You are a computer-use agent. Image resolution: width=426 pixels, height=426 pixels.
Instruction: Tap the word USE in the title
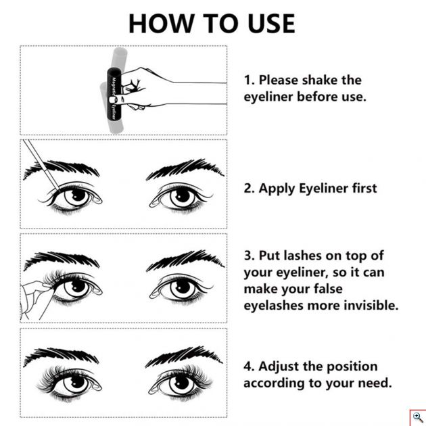point(266,23)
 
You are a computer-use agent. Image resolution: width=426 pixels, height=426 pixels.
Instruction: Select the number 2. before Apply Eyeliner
point(249,189)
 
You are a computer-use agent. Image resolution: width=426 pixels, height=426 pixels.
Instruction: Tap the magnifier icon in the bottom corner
point(417,417)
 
